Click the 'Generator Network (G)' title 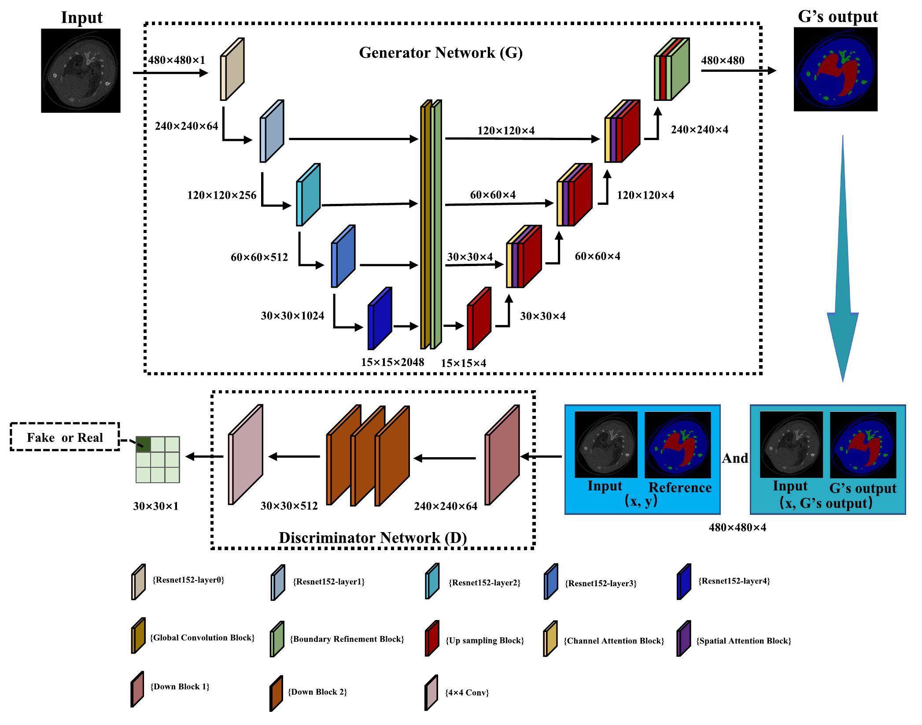[441, 53]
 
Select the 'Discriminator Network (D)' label [372, 538]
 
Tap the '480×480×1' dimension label [177, 60]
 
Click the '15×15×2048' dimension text [392, 362]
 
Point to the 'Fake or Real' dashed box [65, 437]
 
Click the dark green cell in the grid [143, 444]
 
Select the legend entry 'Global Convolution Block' [202, 638]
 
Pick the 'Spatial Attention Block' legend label [743, 641]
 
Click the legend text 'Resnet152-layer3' [601, 584]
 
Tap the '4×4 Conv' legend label [467, 692]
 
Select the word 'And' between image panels [735, 459]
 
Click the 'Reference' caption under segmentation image [680, 488]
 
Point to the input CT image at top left [81, 70]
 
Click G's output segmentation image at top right [835, 69]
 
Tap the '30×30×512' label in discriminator [289, 506]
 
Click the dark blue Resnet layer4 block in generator [379, 319]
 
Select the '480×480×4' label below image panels [737, 528]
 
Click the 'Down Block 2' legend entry [317, 692]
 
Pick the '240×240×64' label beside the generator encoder [186, 126]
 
